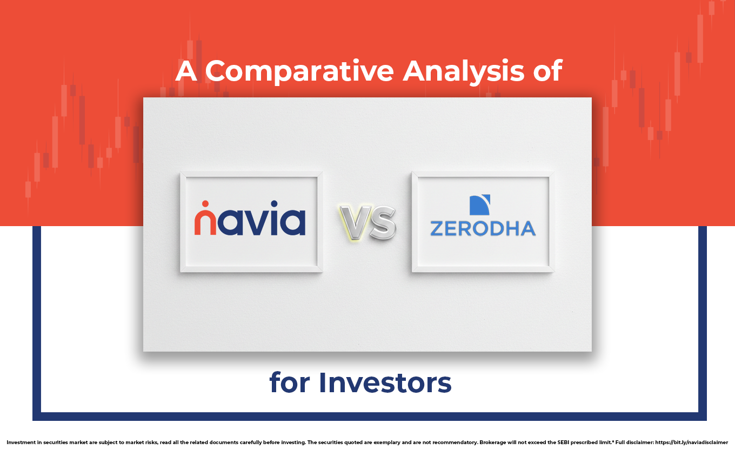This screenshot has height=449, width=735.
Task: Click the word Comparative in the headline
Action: [x=299, y=72]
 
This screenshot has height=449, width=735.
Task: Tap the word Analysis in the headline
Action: [x=463, y=72]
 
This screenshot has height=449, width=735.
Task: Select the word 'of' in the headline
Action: [x=548, y=71]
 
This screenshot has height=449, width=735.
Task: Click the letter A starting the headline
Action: [x=186, y=71]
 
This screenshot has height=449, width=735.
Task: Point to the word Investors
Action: [x=385, y=382]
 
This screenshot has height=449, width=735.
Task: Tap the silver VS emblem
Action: [x=368, y=223]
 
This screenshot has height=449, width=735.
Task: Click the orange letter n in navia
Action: [x=205, y=223]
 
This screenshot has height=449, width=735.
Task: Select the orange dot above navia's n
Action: [x=205, y=204]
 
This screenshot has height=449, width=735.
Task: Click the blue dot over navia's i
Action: [x=275, y=204]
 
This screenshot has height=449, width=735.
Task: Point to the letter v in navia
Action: [x=257, y=223]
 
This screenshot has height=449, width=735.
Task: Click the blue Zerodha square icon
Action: [x=480, y=204]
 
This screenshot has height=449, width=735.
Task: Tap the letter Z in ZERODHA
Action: [x=437, y=229]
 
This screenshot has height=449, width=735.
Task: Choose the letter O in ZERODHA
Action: [x=481, y=229]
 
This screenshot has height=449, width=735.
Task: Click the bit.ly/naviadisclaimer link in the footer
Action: [x=691, y=443]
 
